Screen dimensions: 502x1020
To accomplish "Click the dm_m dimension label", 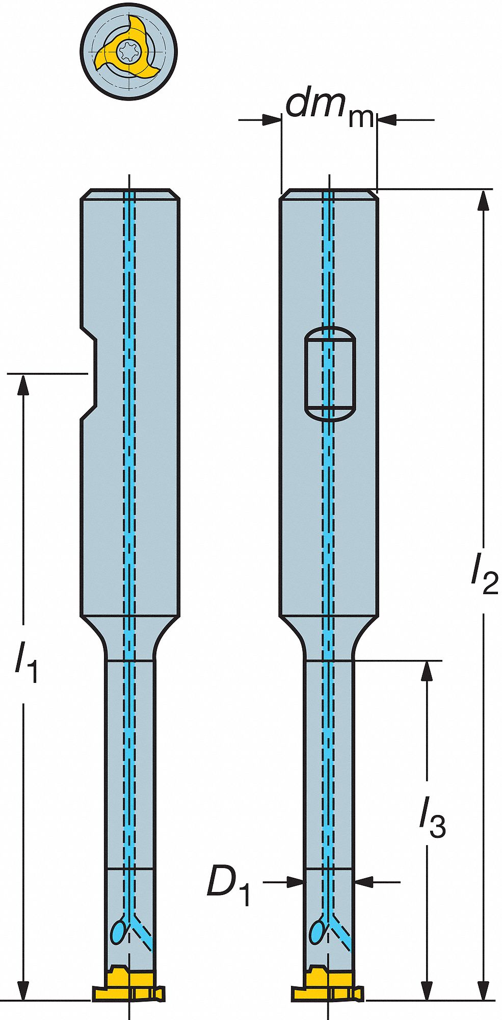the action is coord(330,108).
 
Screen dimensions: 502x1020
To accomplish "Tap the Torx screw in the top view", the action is coord(126,50).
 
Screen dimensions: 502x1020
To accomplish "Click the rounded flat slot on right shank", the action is coord(329,373).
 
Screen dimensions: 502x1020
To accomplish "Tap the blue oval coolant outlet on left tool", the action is coord(119,932).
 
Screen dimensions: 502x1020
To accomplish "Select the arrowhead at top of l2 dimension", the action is coord(483,199).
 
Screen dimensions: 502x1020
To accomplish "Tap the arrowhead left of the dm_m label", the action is coord(272,120).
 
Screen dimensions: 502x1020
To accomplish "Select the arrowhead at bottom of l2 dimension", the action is coord(483,990).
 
